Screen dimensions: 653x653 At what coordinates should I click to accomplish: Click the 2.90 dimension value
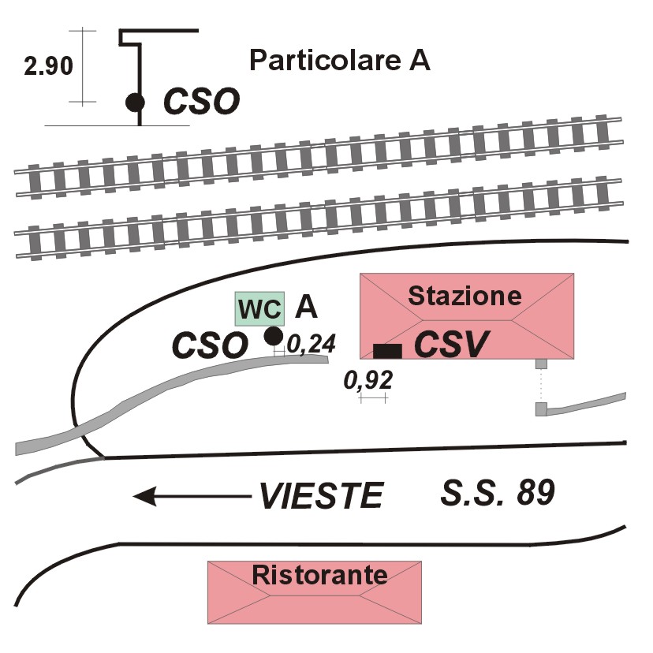[x=48, y=66]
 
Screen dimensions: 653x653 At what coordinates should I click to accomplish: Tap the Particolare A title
[x=339, y=60]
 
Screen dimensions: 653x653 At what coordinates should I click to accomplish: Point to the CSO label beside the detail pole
[x=202, y=101]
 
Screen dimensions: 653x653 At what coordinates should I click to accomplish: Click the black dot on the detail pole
[x=136, y=102]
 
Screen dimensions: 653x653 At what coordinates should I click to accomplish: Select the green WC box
[x=260, y=308]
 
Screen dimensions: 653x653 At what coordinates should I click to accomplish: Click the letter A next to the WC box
[x=306, y=308]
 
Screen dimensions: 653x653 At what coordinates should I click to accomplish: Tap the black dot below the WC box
[x=274, y=336]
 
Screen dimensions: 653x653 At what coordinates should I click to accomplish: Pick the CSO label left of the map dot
[x=210, y=345]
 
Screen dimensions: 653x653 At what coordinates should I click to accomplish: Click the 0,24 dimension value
[x=311, y=344]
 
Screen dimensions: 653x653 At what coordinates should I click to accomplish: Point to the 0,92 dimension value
[x=368, y=380]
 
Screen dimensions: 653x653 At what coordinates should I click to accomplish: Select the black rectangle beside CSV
[x=387, y=351]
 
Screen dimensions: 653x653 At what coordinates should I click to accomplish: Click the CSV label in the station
[x=451, y=345]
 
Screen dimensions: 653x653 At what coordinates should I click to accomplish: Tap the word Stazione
[x=465, y=296]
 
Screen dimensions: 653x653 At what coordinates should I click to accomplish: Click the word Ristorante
[x=320, y=575]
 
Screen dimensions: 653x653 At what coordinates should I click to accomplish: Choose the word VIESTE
[x=321, y=496]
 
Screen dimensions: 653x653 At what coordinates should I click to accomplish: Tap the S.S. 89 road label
[x=498, y=492]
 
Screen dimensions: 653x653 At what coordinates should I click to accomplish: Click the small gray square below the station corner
[x=541, y=364]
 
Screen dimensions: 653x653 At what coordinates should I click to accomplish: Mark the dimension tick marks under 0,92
[x=374, y=399]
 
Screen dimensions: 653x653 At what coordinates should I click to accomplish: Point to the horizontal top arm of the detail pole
[x=159, y=31]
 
